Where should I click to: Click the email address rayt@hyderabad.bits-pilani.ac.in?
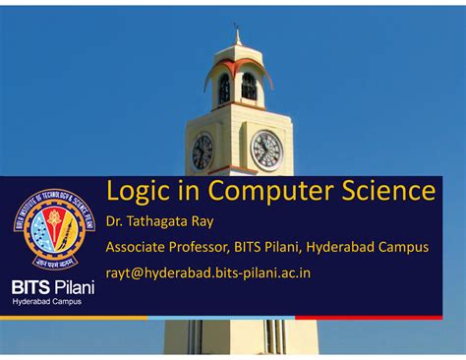click(x=208, y=271)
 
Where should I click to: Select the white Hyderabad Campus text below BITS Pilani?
click(x=46, y=302)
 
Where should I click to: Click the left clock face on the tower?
click(x=203, y=150)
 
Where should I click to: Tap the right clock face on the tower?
click(x=266, y=150)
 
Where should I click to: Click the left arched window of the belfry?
click(x=223, y=89)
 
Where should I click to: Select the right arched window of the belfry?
click(x=249, y=88)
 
